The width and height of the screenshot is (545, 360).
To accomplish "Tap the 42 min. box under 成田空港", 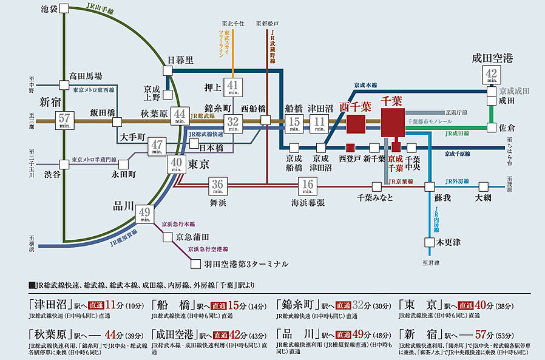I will click(492, 75).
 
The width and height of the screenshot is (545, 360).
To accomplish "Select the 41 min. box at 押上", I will click(232, 88).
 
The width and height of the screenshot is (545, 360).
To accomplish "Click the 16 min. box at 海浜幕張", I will click(308, 185).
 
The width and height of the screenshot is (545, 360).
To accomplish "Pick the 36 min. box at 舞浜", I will click(218, 185).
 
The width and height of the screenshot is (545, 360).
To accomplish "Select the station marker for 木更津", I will click(430, 242).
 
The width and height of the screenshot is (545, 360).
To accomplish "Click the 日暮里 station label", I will click(180, 59).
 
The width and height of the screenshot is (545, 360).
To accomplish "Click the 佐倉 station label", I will click(507, 128).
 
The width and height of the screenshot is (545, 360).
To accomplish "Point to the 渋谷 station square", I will click(64, 164).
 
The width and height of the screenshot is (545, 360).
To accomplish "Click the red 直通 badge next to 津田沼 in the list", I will click(96, 305).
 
